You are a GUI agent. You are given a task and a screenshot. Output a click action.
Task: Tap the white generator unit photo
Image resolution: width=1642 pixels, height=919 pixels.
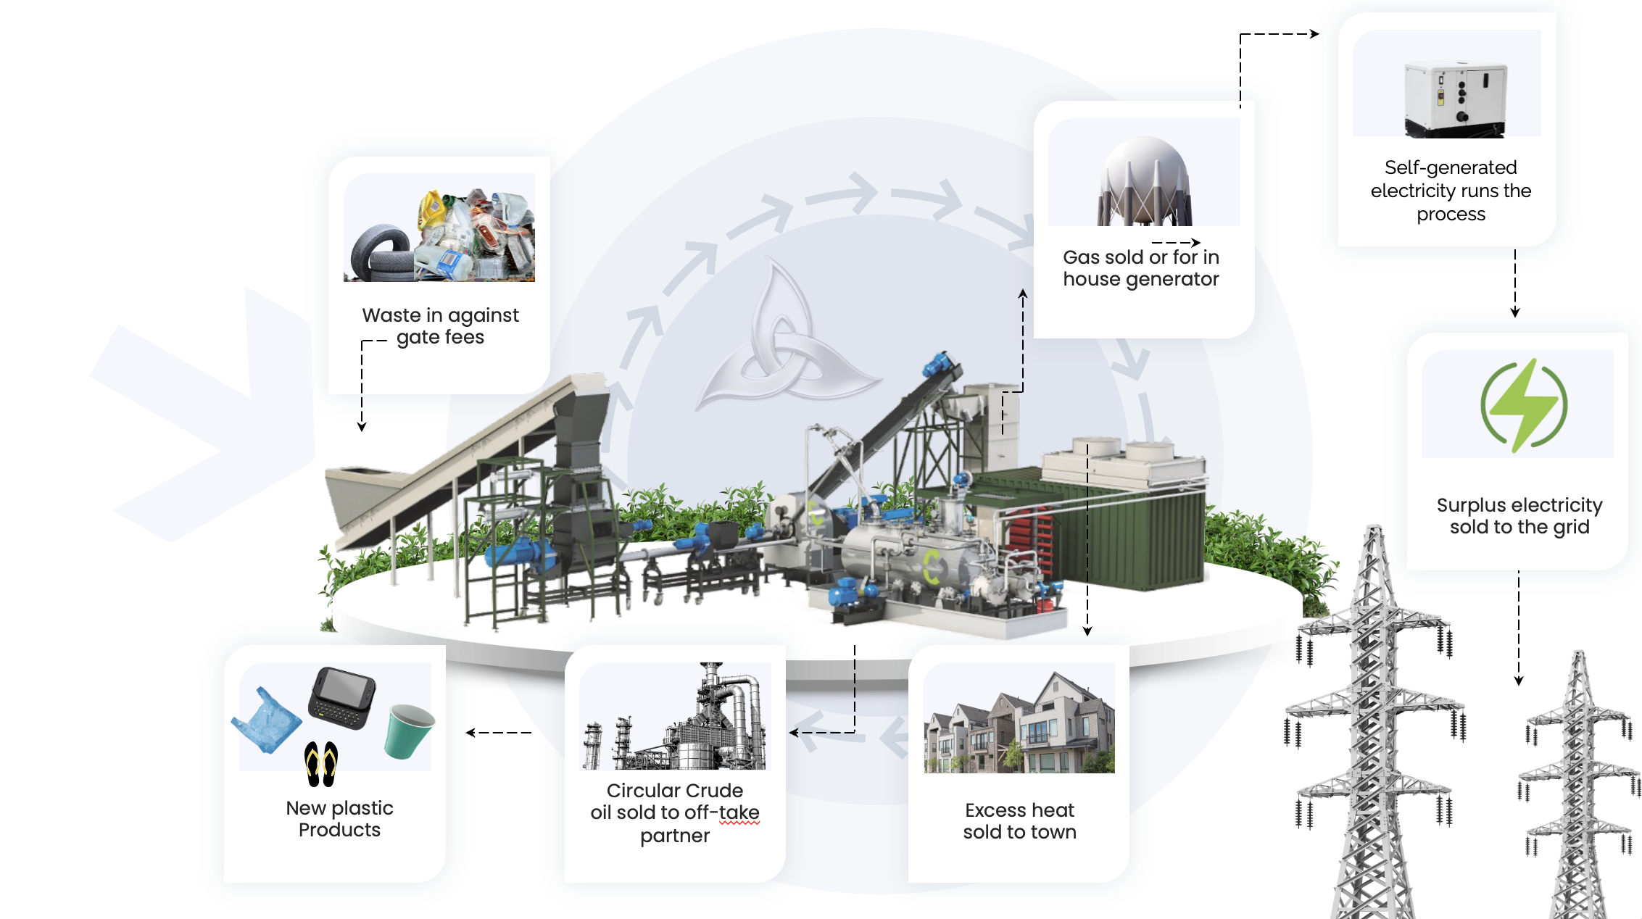pos(1455,100)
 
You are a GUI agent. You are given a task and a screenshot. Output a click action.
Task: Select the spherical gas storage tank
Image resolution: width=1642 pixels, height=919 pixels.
pos(1145,181)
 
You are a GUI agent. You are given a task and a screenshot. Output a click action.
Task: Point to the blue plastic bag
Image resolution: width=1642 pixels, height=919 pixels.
pos(266,721)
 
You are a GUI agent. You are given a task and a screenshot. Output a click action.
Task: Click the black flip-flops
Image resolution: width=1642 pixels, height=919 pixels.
pos(321,764)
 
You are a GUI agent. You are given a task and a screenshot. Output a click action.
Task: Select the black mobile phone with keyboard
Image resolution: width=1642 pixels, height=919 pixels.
pos(342,698)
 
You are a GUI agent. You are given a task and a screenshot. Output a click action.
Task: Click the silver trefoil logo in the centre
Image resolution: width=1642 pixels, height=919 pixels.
pos(787,340)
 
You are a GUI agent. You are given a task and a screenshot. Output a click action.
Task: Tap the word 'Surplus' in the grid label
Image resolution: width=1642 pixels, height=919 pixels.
pos(1471,506)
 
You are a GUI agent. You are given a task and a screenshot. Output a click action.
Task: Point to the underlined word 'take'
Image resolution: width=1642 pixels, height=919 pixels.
pos(739,812)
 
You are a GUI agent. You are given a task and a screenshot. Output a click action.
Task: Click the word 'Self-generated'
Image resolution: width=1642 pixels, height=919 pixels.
pos(1451,168)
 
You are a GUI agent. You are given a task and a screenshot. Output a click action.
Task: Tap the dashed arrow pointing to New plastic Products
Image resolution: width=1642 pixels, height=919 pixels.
pos(499,733)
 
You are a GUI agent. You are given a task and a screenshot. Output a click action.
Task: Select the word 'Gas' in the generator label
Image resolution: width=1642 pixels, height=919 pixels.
pos(1080,257)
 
